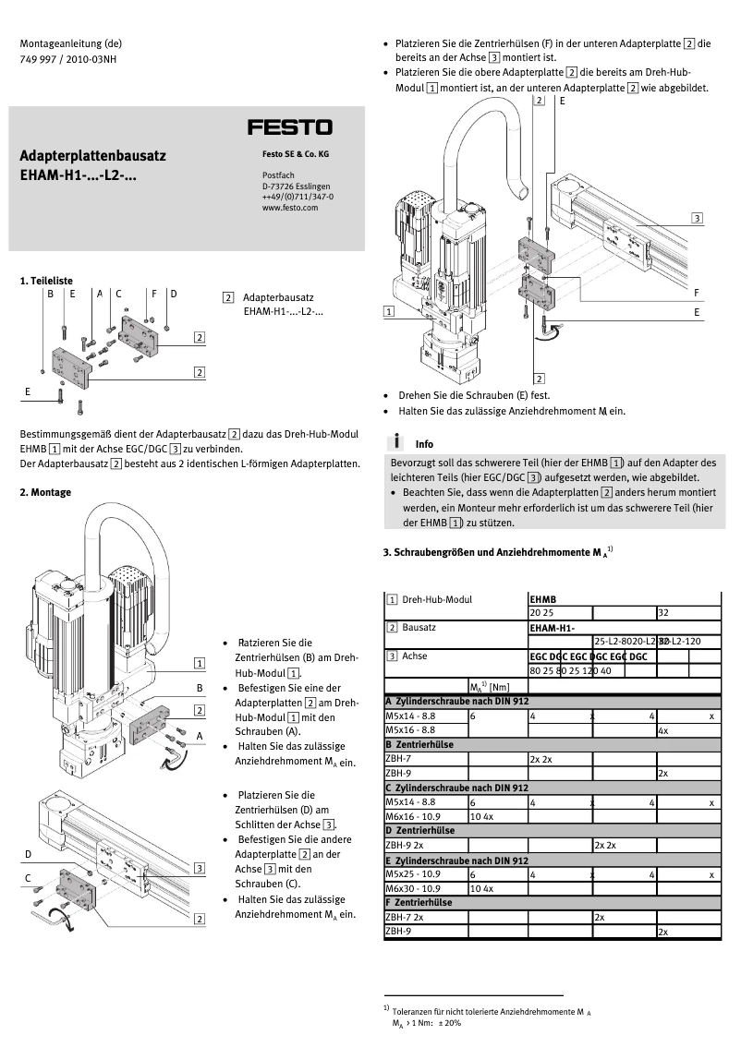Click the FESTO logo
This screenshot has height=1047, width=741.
[x=289, y=127]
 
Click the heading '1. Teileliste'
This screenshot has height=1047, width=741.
[x=46, y=280]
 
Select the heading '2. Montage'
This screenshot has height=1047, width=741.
[x=45, y=492]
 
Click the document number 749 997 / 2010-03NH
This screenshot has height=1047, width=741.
[x=68, y=58]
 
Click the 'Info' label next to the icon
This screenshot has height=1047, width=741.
[x=424, y=444]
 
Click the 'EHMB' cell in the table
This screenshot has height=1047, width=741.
[x=542, y=598]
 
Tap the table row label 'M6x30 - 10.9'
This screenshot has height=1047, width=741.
[x=411, y=888]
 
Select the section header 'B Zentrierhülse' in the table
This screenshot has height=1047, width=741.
[x=420, y=743]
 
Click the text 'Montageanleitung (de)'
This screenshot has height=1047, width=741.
[x=71, y=42]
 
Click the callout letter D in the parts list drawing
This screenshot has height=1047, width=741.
[x=173, y=294]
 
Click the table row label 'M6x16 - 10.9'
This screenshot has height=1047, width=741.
[x=411, y=816]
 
